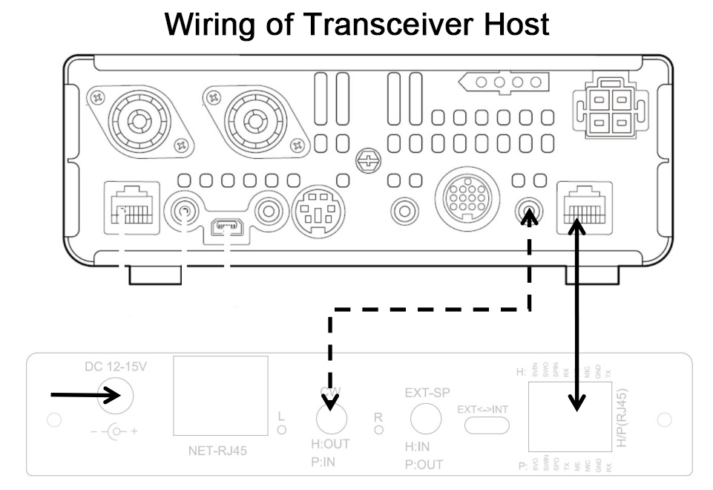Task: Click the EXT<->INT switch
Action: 487,423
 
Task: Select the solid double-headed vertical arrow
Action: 577,312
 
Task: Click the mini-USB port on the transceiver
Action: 228,225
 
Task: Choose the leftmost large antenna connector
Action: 138,119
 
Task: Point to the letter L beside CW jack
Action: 281,416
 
